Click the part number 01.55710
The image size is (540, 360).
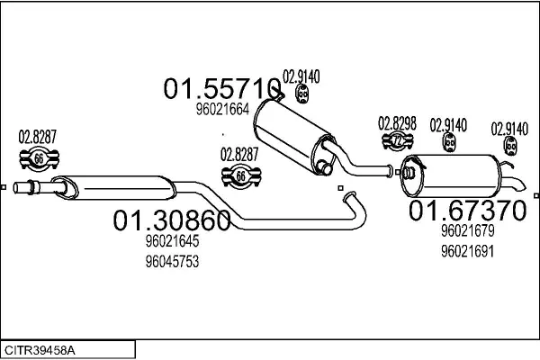(222, 88)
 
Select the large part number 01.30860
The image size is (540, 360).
(172, 220)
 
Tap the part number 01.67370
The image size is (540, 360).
(468, 211)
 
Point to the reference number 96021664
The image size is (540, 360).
(222, 110)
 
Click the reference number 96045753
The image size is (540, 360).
(172, 262)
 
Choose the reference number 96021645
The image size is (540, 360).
(172, 241)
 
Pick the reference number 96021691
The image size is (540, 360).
(468, 251)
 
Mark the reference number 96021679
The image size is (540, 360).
(468, 230)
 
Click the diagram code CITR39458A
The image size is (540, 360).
(40, 351)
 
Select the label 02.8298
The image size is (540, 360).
(397, 123)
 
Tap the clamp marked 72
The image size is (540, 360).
(398, 140)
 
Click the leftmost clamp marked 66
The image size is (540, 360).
(39, 158)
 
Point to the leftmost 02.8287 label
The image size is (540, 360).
(37, 137)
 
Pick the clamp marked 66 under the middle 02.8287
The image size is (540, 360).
(241, 176)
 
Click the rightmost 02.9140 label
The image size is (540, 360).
(509, 129)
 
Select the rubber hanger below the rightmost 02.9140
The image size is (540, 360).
(510, 146)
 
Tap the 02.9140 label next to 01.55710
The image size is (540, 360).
(301, 76)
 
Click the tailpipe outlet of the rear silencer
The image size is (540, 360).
(517, 184)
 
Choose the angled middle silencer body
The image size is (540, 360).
(295, 137)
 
